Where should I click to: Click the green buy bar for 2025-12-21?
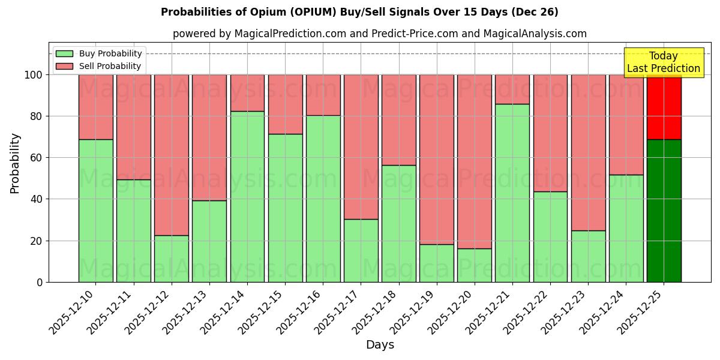(512, 193)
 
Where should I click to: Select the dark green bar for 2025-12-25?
(664, 211)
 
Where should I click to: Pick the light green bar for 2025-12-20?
(474, 265)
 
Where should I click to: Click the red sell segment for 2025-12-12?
(171, 155)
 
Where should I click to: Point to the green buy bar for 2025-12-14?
(247, 196)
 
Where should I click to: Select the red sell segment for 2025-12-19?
(436, 159)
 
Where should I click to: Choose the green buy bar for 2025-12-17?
(361, 250)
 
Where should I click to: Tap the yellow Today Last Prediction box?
(663, 62)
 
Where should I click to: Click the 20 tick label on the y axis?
(36, 241)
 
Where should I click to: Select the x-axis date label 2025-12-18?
(376, 312)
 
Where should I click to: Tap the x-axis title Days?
(380, 345)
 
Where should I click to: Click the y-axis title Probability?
(15, 163)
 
